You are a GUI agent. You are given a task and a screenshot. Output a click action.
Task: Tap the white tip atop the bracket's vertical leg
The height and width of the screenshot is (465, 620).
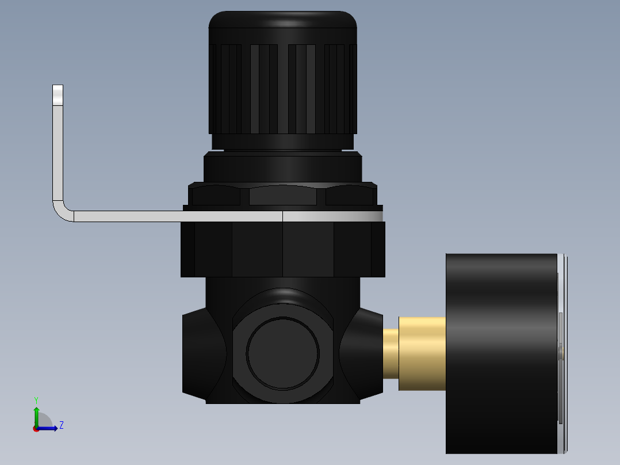58,95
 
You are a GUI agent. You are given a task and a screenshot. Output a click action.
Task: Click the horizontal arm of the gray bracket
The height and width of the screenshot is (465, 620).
173,216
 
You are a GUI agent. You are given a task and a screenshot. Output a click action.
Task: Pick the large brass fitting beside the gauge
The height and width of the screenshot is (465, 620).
422,353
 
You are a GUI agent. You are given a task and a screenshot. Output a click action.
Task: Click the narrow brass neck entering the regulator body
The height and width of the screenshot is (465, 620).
391,353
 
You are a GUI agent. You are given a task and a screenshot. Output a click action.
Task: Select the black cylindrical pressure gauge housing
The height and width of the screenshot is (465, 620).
500,353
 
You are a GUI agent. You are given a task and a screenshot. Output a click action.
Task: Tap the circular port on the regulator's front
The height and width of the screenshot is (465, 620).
282,352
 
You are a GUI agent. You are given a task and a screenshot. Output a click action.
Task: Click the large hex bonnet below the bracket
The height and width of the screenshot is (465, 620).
282,249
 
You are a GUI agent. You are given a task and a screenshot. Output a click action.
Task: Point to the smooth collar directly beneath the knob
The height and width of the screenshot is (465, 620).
282,167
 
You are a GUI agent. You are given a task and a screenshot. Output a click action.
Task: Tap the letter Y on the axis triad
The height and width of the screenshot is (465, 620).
36,399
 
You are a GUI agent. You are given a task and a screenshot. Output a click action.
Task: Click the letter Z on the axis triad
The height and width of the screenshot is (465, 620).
62,425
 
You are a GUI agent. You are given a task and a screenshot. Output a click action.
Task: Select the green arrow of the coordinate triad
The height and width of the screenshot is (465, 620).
36,414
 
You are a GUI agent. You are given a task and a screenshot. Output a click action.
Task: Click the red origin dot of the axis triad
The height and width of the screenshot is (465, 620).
36,428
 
